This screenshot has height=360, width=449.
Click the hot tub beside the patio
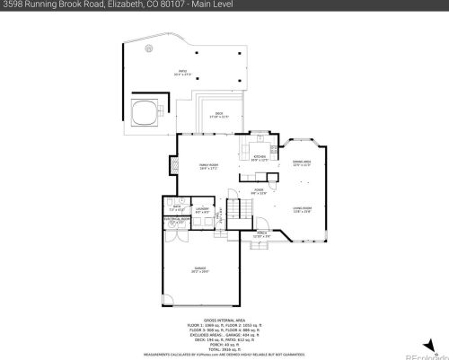click(x=144, y=113)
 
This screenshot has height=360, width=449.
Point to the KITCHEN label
click(x=260, y=158)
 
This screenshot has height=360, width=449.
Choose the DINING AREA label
click(x=302, y=164)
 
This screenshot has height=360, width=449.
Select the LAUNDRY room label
click(x=202, y=211)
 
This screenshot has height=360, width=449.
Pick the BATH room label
click(x=178, y=206)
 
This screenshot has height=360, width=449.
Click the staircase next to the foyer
click(x=238, y=212)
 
